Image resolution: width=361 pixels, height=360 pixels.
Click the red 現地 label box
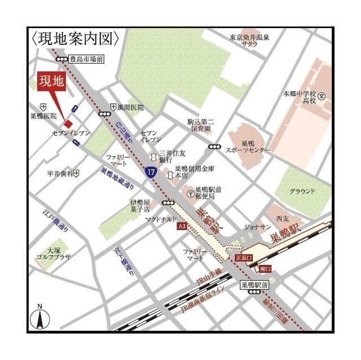51,81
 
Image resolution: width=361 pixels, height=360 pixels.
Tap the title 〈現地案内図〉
75,38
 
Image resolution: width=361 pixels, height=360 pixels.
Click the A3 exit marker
182,226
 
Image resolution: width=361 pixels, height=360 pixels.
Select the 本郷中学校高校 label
300,97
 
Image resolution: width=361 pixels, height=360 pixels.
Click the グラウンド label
302,192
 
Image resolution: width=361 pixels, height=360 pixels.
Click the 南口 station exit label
265,269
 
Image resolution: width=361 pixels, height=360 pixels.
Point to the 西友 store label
283,218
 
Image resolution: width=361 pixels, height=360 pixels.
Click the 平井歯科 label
59,174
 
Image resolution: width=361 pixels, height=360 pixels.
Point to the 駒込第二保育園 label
201,125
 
